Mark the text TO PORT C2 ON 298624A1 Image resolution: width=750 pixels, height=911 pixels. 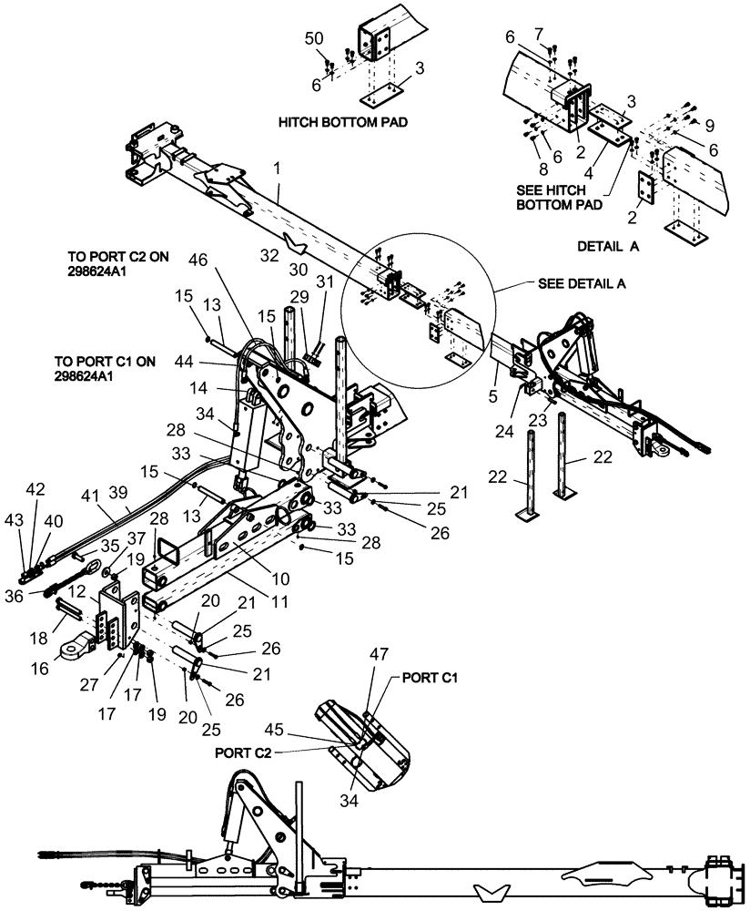pyautogui.click(x=118, y=265)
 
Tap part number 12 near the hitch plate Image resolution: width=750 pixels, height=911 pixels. pyautogui.click(x=79, y=593)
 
